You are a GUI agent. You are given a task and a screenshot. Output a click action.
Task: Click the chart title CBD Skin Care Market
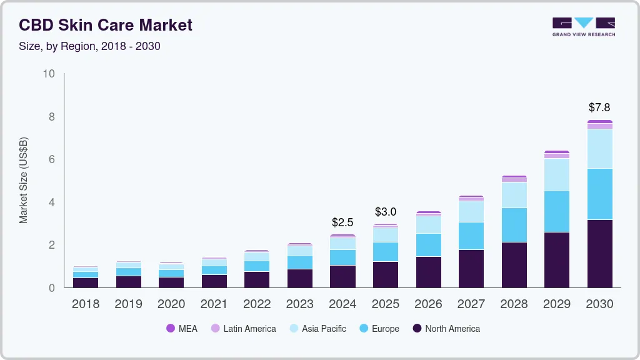(x=106, y=25)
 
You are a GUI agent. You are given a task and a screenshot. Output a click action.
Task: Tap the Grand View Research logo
(x=583, y=26)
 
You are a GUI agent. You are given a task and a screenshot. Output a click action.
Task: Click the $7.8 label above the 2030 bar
(x=599, y=107)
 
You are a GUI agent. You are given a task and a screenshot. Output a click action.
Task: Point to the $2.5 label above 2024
(x=342, y=222)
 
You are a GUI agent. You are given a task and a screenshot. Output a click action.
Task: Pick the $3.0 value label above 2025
(x=385, y=212)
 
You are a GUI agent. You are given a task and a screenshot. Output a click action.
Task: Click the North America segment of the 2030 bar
(x=599, y=253)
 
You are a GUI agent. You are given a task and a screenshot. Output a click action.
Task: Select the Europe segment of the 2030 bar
(x=599, y=194)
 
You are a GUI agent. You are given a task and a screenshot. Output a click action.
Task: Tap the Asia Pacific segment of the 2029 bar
(x=557, y=174)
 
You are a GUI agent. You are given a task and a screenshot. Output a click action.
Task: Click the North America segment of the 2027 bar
(x=471, y=269)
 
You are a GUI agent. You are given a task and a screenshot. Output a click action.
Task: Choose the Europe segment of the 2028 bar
(x=514, y=225)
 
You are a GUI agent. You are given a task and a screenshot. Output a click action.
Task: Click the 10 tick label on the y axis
(x=49, y=74)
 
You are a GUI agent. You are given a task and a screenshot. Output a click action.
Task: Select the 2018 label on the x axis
(x=86, y=304)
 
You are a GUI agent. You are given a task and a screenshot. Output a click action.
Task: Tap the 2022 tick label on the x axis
(x=257, y=304)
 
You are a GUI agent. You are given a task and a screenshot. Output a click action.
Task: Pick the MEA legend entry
(x=181, y=328)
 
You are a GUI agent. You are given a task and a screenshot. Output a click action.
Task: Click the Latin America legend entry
(x=243, y=328)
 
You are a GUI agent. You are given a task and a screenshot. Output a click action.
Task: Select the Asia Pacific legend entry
(x=317, y=328)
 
